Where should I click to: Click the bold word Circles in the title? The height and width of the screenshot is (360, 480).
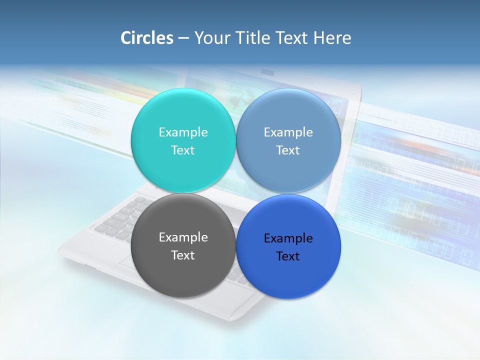click(x=147, y=38)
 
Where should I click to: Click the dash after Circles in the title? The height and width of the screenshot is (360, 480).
click(x=183, y=38)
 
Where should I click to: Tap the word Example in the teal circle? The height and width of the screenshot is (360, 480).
click(x=183, y=132)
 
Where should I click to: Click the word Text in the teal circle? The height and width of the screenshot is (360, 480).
click(x=183, y=150)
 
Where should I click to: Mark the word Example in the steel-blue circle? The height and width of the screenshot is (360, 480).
click(x=288, y=132)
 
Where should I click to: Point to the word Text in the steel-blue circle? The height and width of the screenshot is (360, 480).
click(x=288, y=150)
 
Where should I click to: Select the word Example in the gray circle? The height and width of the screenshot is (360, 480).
click(x=183, y=237)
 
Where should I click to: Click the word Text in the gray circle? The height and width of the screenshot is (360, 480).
click(x=183, y=255)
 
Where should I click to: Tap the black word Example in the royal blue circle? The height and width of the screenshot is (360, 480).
click(x=288, y=238)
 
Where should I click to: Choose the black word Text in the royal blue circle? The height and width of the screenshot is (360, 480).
click(x=288, y=256)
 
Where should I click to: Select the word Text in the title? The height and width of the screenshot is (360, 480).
click(x=292, y=38)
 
